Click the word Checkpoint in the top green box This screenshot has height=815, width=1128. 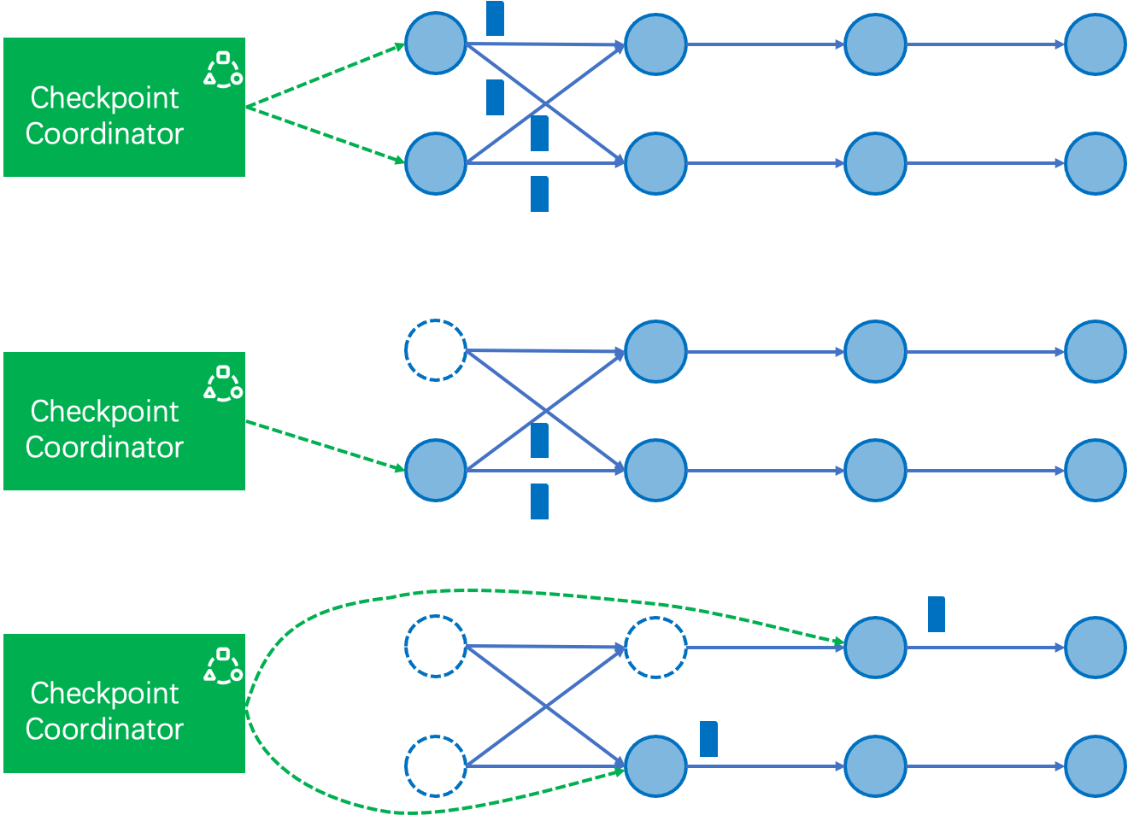point(104,98)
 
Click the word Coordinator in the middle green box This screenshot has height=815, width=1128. point(104,448)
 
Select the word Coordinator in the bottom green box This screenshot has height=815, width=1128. point(104,730)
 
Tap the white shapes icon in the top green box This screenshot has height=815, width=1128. point(223,69)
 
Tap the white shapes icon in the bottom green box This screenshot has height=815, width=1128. point(223,665)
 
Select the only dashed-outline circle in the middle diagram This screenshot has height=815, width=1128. point(435,350)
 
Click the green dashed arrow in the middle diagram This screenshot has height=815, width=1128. point(325,444)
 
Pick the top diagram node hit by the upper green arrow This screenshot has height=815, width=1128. point(435,44)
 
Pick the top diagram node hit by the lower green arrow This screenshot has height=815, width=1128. point(435,163)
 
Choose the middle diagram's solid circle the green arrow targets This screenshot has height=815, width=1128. point(435,470)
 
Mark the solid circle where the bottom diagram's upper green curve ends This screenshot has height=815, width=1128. point(875,648)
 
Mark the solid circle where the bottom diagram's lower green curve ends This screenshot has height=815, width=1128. point(655,766)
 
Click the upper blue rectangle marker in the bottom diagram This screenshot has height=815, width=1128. point(937,614)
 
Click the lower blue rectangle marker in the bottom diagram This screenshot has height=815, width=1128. point(708,739)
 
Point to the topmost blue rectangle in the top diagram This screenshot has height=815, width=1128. point(495,18)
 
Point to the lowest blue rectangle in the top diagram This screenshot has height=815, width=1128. point(539,194)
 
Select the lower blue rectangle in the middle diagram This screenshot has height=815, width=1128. point(539,501)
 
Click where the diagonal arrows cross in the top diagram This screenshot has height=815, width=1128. point(545,104)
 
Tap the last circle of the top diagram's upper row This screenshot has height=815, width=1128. point(1095,44)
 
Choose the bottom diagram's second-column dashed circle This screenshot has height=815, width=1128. point(655,648)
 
